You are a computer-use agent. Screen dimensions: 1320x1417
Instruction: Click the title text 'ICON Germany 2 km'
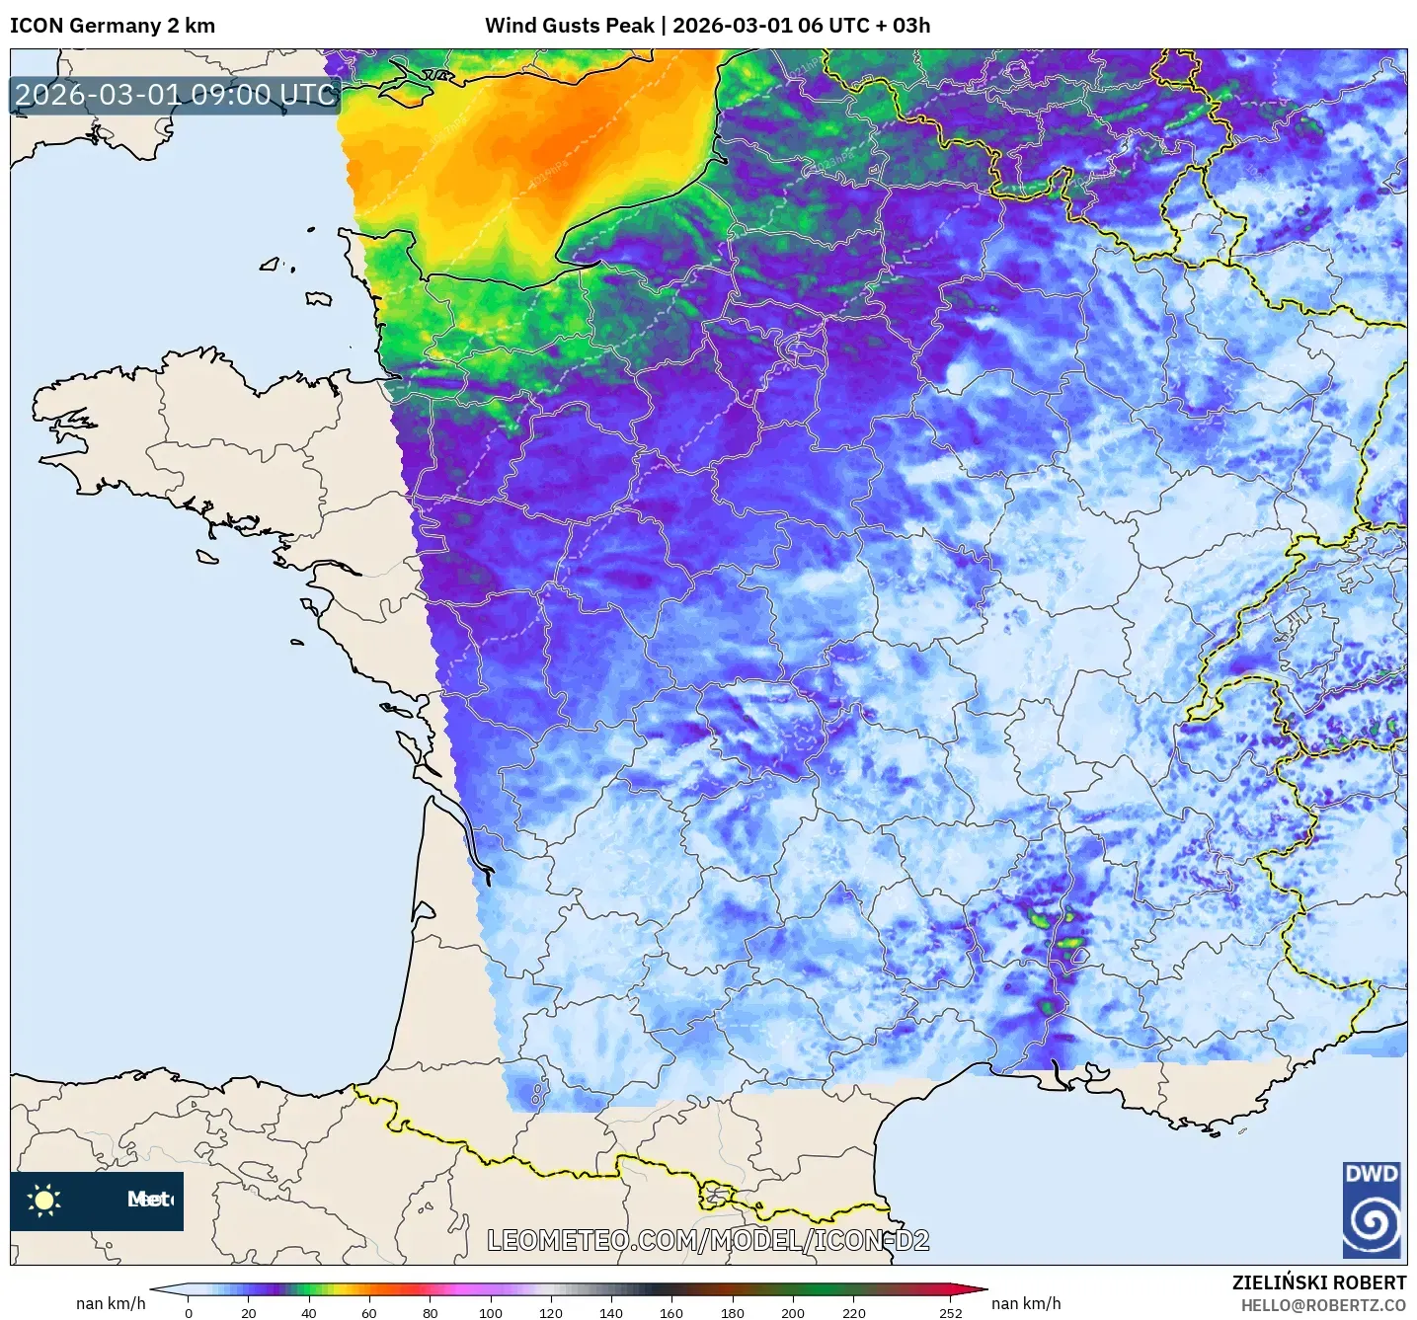point(113,26)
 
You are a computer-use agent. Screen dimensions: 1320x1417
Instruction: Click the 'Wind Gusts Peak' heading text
point(570,26)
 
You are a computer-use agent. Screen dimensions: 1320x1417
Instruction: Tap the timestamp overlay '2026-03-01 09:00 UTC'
point(176,95)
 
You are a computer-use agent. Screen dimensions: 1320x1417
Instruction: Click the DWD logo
point(1372,1209)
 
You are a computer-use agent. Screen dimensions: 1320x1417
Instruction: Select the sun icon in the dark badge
point(44,1200)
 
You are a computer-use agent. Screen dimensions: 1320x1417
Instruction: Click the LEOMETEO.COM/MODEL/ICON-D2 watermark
point(708,1240)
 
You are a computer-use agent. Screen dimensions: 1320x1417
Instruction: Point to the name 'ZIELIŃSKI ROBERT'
point(1318,1282)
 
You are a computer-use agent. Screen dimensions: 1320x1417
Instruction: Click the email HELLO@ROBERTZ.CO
point(1323,1305)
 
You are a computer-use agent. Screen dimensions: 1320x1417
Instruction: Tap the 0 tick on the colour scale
point(189,1312)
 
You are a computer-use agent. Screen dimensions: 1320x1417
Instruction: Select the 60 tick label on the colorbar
point(369,1312)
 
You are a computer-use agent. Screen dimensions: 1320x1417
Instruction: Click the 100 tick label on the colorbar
point(491,1312)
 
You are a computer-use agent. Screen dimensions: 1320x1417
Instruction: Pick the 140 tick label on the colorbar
point(611,1312)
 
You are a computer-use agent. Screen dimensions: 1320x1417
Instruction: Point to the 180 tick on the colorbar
point(733,1312)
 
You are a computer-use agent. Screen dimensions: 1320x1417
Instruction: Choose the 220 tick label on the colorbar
point(853,1312)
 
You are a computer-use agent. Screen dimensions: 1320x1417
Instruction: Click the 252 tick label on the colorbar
point(950,1312)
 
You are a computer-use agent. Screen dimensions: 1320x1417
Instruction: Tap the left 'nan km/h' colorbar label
point(111,1303)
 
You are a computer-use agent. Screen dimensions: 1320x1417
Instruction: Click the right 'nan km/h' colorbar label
point(1026,1303)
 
